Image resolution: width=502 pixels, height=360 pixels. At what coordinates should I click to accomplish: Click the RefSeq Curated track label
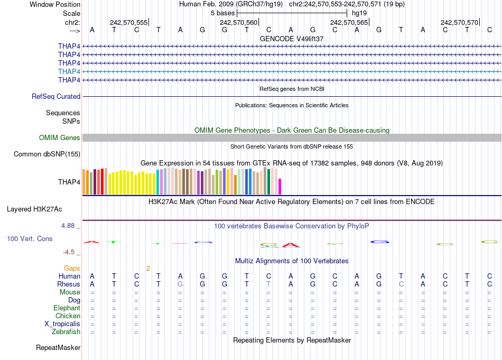[x=56, y=97]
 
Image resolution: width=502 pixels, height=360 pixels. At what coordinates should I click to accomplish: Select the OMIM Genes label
[x=60, y=138]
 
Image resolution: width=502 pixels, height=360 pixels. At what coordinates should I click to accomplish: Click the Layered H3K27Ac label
[x=43, y=209]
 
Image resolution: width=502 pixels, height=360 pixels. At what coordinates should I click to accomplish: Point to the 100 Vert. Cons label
[x=30, y=239]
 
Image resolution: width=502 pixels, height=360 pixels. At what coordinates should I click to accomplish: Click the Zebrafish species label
[x=66, y=332]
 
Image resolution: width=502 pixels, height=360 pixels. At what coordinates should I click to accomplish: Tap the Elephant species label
[x=67, y=308]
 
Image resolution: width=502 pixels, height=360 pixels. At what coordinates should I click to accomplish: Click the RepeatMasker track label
[x=58, y=348]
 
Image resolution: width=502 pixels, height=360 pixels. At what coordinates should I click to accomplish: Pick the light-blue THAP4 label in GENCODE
[x=69, y=71]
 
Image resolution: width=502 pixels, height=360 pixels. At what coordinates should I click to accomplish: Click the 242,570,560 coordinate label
[x=239, y=22]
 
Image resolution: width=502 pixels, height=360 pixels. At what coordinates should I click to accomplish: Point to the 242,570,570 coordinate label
[x=459, y=22]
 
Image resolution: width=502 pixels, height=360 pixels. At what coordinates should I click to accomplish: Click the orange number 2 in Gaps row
[x=148, y=269]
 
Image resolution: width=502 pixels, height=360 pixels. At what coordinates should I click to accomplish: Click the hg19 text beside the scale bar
[x=359, y=12]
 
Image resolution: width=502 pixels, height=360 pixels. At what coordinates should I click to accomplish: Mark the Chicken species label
[x=68, y=316]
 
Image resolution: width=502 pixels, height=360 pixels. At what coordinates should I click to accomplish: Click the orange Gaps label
[x=72, y=269]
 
